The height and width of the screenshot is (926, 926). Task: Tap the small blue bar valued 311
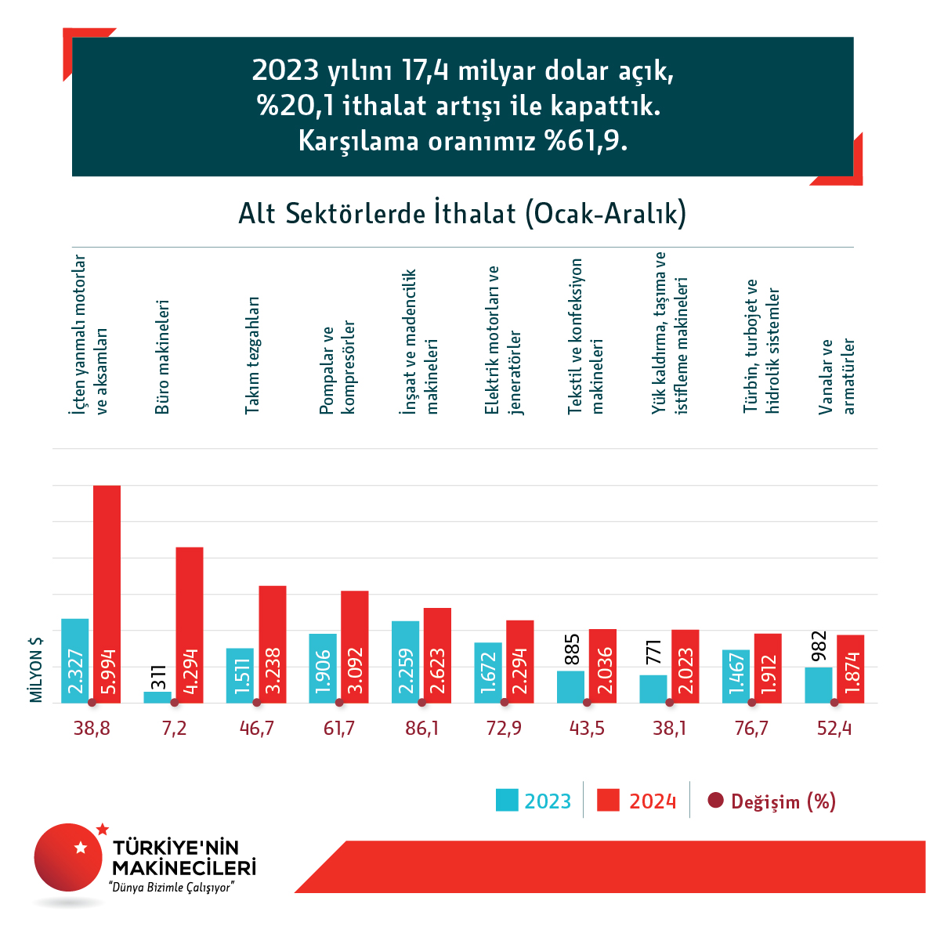tap(157, 696)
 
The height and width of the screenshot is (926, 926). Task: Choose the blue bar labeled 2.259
tap(405, 661)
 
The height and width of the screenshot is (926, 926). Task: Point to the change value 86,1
tap(421, 729)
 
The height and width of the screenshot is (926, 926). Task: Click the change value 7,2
tap(174, 729)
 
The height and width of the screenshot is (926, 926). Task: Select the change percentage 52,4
tap(834, 729)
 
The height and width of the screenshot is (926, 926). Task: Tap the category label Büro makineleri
tap(162, 356)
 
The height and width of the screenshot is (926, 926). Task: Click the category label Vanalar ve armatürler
tap(837, 376)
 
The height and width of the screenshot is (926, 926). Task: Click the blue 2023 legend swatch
tap(507, 801)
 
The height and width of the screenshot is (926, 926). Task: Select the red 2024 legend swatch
tap(608, 801)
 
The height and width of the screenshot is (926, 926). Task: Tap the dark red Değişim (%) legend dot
tap(715, 801)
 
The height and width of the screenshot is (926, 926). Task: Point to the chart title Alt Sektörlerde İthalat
tap(462, 213)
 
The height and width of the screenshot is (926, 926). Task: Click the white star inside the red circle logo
tap(80, 847)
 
